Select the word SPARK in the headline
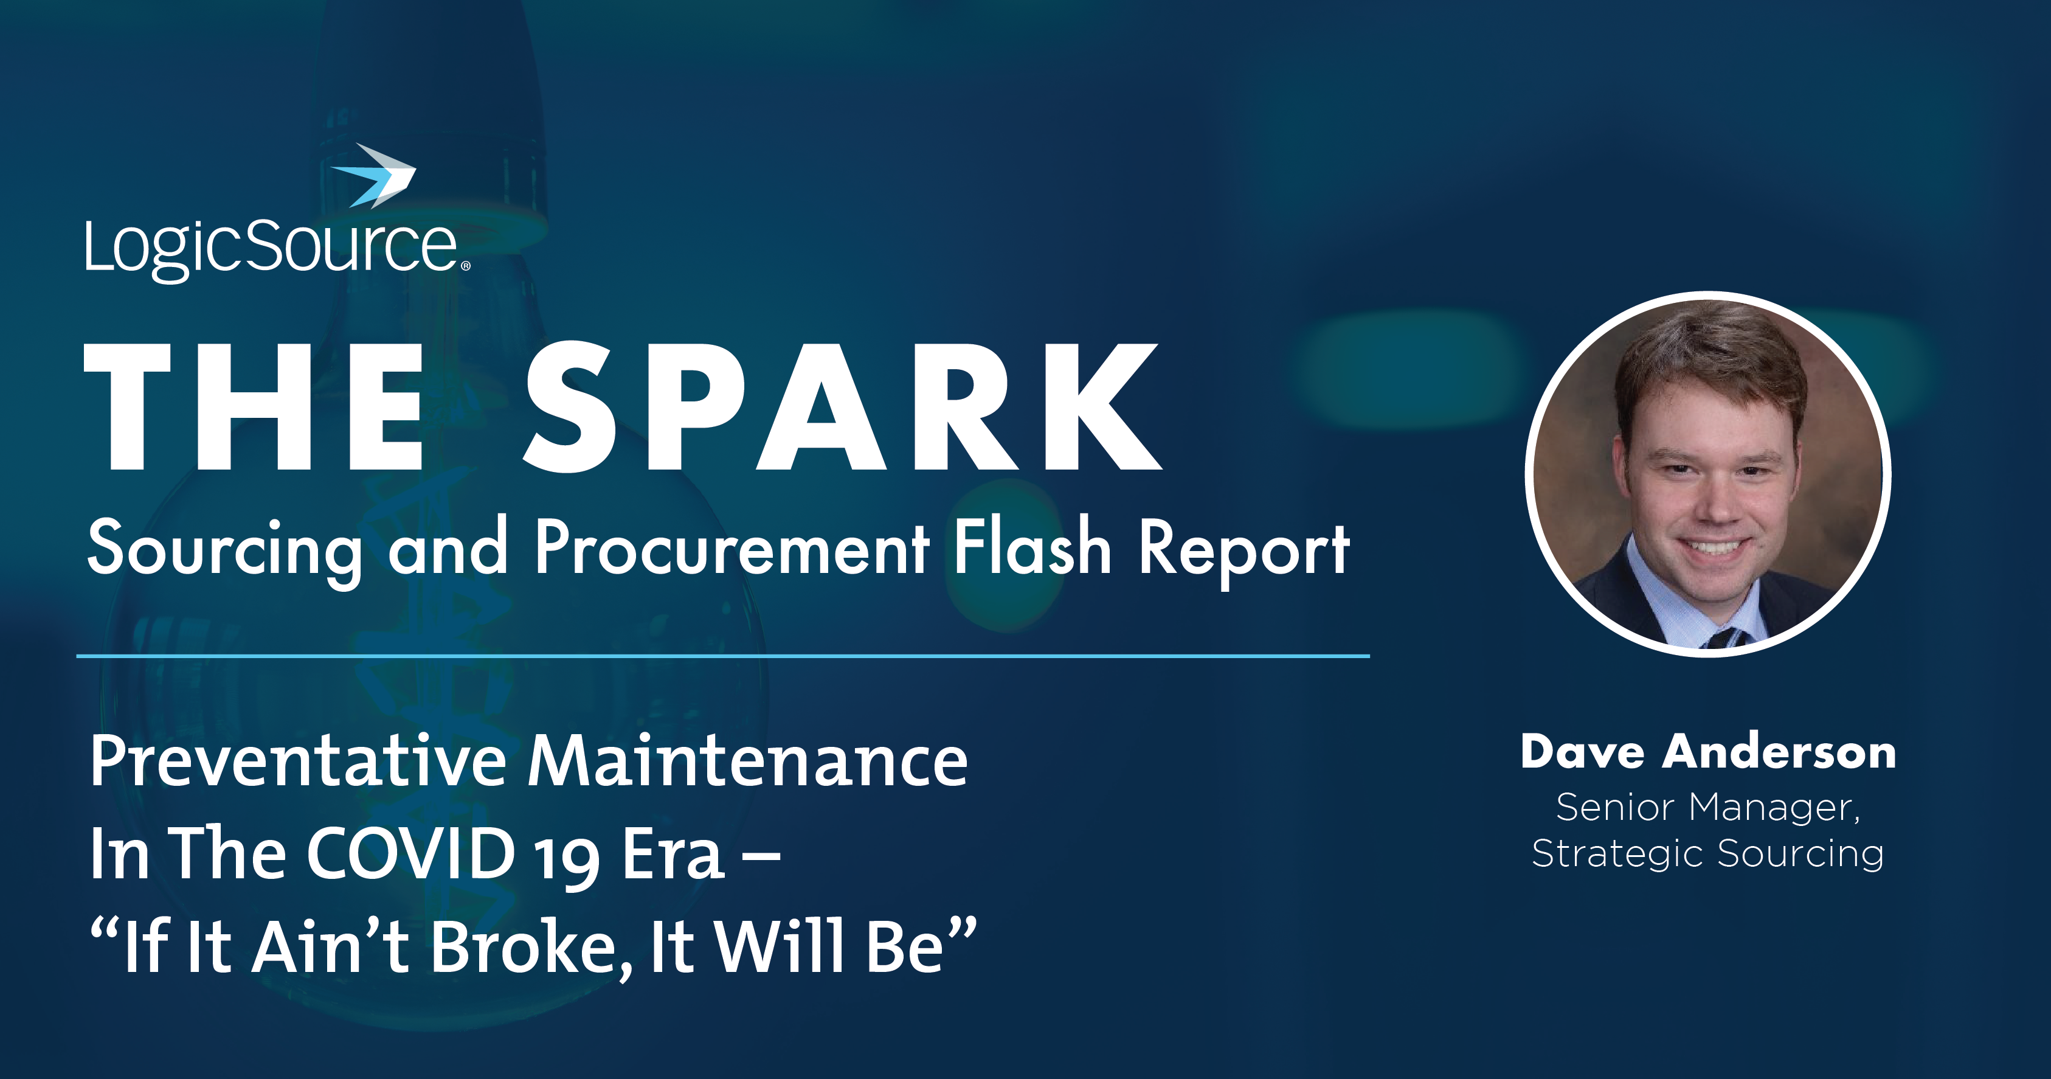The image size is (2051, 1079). (x=842, y=407)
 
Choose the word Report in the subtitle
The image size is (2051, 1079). (x=1243, y=550)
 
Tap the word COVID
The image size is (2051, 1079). (x=411, y=853)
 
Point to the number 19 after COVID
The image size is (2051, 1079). (x=566, y=860)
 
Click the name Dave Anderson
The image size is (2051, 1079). (x=1708, y=752)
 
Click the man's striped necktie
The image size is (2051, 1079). (x=1724, y=637)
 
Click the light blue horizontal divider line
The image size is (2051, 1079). (x=723, y=656)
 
